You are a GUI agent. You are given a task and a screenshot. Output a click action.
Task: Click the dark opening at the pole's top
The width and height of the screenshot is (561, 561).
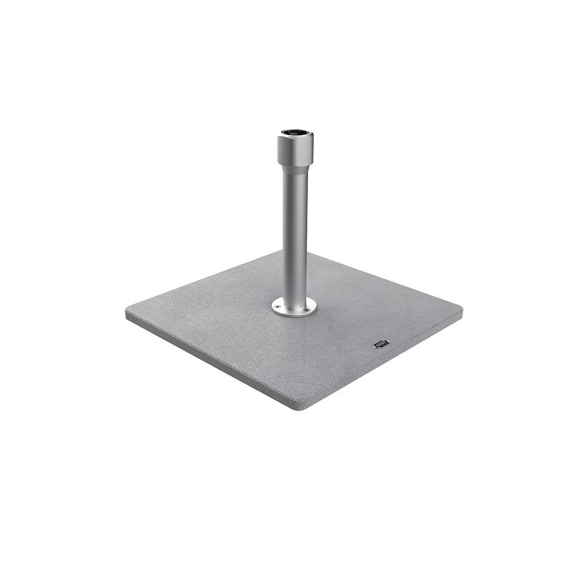pos(295,132)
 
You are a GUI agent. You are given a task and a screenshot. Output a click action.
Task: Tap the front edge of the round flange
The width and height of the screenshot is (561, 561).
pos(294,314)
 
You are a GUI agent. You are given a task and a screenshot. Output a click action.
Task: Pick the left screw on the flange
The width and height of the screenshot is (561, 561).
pos(278,306)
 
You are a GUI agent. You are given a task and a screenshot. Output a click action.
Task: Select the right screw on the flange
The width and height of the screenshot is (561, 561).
pos(310,307)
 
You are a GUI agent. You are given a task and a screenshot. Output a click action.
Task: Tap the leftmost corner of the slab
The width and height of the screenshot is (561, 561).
pos(127,314)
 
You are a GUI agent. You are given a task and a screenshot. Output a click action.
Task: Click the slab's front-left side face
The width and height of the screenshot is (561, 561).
pos(206,365)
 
